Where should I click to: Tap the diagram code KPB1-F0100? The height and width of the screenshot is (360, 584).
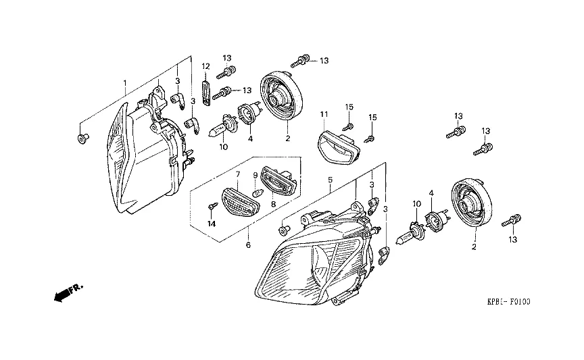click(508, 301)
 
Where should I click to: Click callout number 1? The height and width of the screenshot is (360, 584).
click(125, 82)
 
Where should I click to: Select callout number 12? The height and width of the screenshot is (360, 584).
click(205, 66)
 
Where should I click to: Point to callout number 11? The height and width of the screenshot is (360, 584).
click(324, 114)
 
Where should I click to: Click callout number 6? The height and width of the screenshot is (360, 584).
click(248, 245)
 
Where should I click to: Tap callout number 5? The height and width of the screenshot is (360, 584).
click(330, 180)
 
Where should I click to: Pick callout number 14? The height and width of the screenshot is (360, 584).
click(212, 224)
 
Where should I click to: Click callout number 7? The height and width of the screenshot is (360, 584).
click(238, 174)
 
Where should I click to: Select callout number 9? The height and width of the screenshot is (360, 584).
click(255, 175)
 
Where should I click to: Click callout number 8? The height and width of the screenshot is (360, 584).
click(273, 204)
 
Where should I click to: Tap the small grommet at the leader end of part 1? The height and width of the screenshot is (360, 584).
click(82, 138)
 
